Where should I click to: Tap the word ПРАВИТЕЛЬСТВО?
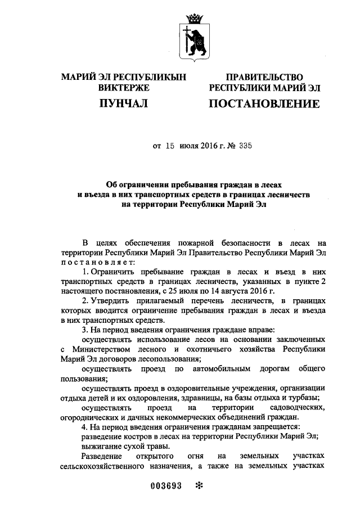[x=264, y=77]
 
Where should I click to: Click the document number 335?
[x=245, y=145]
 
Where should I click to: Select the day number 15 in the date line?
[x=170, y=145]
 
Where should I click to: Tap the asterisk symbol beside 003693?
[x=197, y=488]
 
